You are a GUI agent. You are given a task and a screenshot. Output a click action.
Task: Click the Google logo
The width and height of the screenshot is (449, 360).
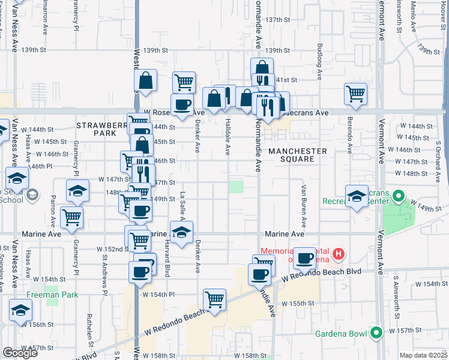pyautogui.click(x=20, y=353)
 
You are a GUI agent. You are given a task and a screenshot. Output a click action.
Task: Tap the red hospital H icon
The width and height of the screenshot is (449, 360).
pyautogui.click(x=339, y=254)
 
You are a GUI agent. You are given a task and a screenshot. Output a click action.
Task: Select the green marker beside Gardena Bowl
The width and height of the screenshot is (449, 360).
pyautogui.click(x=377, y=332)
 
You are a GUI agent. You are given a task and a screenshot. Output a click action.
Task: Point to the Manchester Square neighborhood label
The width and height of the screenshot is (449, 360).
pyautogui.click(x=298, y=155)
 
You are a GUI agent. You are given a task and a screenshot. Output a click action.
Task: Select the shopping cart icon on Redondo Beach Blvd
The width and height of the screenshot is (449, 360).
pyautogui.click(x=214, y=299)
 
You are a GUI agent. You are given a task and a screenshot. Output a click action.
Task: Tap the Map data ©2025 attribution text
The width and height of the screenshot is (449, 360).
pyautogui.click(x=424, y=355)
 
